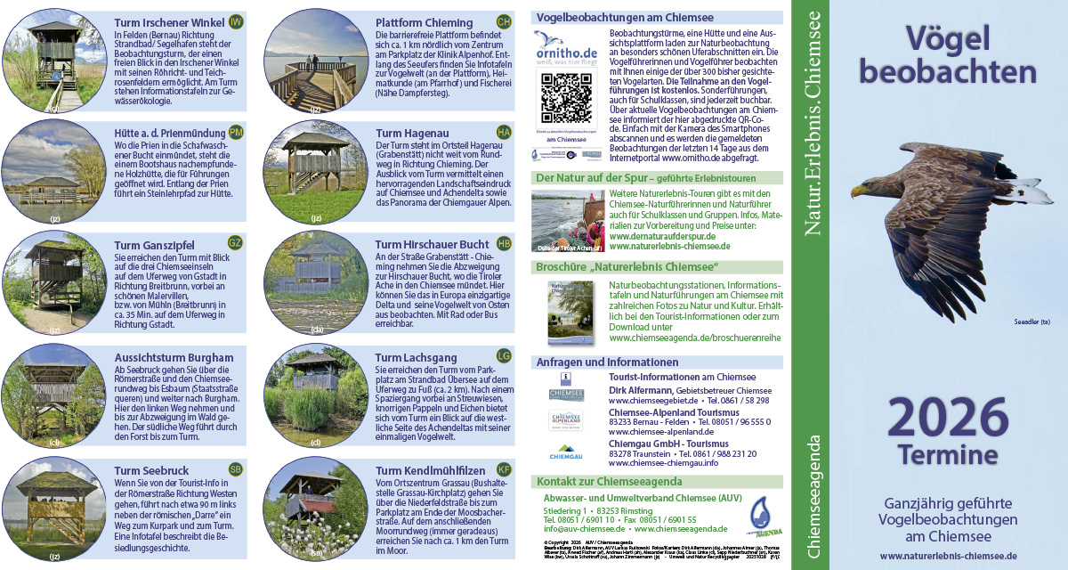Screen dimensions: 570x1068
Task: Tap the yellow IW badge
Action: click(x=236, y=21)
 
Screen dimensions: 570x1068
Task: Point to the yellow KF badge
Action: click(x=504, y=469)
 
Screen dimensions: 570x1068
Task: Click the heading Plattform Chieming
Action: click(x=424, y=22)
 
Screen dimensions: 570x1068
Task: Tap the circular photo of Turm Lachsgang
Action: click(x=315, y=397)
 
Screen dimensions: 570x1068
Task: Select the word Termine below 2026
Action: click(x=947, y=456)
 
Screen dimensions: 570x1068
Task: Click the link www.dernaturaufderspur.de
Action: click(x=664, y=238)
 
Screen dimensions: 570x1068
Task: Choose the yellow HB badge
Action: click(x=504, y=244)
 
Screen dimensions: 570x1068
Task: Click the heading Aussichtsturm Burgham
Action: click(x=174, y=357)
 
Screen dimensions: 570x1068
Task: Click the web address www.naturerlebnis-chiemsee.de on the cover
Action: click(x=948, y=556)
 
